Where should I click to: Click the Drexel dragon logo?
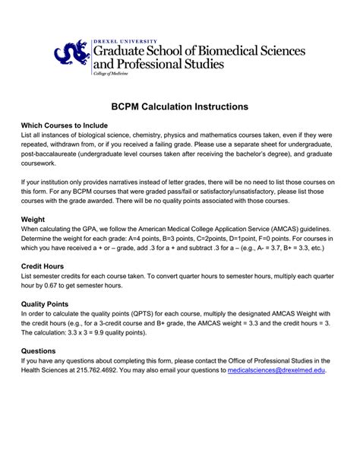point(71,55)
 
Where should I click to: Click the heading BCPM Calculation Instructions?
point(180,110)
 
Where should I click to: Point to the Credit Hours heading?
point(45,266)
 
